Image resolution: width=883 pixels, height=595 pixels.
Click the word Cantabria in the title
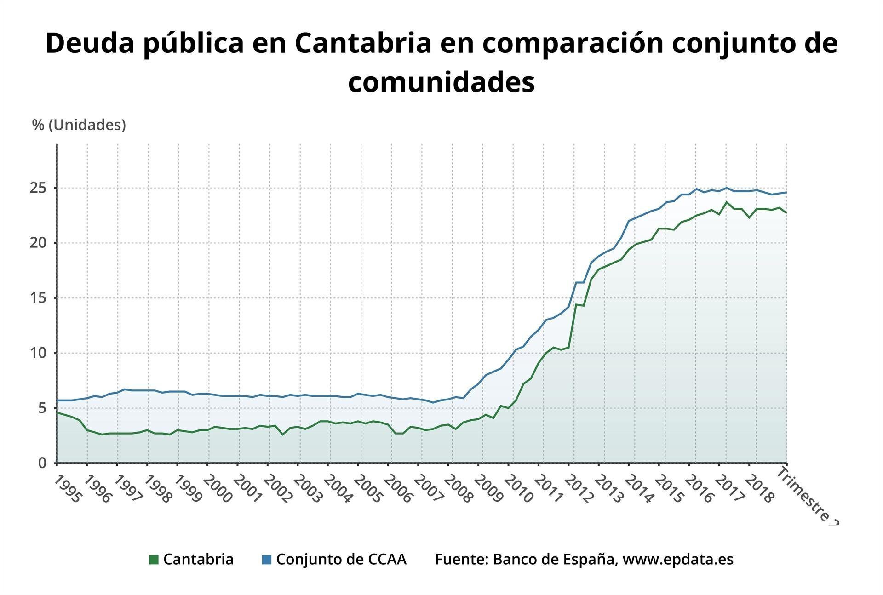point(363,44)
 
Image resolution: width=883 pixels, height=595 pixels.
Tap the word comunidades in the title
point(441,83)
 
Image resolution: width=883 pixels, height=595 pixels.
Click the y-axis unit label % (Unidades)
point(79,125)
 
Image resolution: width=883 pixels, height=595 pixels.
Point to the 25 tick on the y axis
point(39,188)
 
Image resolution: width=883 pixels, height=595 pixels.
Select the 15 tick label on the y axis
point(39,298)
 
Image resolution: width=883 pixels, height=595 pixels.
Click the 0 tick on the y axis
point(43,463)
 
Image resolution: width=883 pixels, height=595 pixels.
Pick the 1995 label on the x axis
point(68,489)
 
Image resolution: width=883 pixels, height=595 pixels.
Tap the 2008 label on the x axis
point(459,489)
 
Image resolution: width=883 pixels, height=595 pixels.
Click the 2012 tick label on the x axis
point(579,489)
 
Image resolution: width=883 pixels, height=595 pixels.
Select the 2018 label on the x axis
point(760,489)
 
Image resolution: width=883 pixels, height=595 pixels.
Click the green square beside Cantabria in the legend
point(154,560)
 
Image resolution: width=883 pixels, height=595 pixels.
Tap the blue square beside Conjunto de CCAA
point(267,560)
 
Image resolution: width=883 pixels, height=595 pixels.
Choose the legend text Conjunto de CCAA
point(341,560)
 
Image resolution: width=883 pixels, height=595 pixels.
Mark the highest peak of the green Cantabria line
point(727,202)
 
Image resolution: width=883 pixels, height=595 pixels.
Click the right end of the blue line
point(786,192)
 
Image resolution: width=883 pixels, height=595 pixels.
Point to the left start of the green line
point(57,412)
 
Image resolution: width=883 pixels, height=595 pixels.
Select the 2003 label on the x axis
point(308,489)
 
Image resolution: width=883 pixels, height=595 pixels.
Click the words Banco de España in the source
point(554,560)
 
